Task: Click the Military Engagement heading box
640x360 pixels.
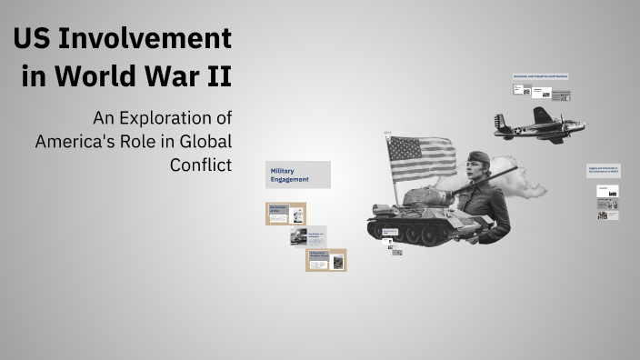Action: tap(298, 175)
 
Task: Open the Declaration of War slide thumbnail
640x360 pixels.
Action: tap(285, 214)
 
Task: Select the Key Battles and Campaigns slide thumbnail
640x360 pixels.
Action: tap(307, 237)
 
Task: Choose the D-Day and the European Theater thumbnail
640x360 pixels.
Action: tap(325, 260)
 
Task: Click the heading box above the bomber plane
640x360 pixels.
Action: tap(541, 76)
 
